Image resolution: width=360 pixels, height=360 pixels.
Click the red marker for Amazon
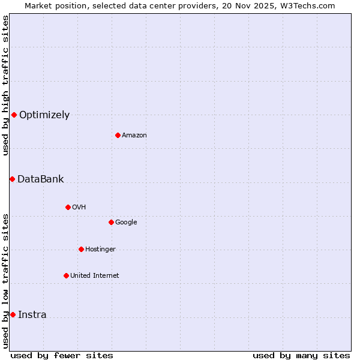(x=118, y=135)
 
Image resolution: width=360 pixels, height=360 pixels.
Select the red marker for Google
(x=111, y=222)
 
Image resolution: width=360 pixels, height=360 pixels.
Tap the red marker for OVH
(x=68, y=207)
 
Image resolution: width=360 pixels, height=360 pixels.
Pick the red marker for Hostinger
(x=81, y=249)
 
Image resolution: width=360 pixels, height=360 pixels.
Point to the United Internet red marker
(x=66, y=275)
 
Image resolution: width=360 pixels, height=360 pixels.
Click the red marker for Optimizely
(x=14, y=115)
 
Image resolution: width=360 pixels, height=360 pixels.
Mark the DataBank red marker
(x=12, y=179)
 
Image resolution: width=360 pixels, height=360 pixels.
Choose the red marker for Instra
(x=13, y=314)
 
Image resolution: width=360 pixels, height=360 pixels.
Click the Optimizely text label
(x=44, y=115)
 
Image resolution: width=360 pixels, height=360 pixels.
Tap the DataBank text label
(x=40, y=179)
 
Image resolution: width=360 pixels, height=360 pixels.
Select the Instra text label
(x=32, y=315)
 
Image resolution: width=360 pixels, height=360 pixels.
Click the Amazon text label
(x=134, y=136)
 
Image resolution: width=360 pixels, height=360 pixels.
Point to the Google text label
(x=126, y=223)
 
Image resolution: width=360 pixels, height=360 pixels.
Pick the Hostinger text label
(x=100, y=250)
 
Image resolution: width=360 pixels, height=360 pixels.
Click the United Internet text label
(x=94, y=276)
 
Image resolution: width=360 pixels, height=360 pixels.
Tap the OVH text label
(x=79, y=208)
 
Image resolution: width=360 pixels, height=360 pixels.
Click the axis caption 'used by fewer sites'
(x=62, y=355)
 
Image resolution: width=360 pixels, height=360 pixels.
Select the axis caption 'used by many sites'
(x=301, y=355)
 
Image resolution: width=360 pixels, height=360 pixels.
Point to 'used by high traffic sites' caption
(x=5, y=85)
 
